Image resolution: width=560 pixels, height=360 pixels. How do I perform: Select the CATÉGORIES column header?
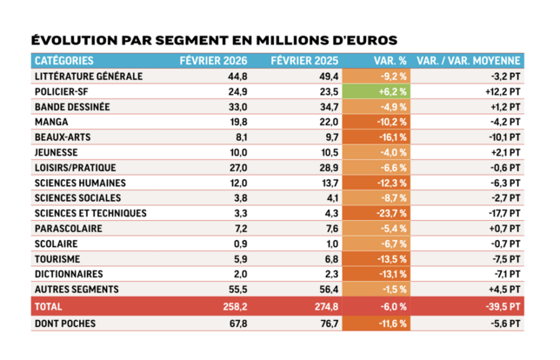pos(67,61)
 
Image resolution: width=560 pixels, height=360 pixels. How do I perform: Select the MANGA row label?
pos(50,122)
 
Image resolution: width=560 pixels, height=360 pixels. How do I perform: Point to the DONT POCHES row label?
pos(63,324)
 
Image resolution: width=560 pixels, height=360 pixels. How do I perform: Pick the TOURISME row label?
pos(57,258)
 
